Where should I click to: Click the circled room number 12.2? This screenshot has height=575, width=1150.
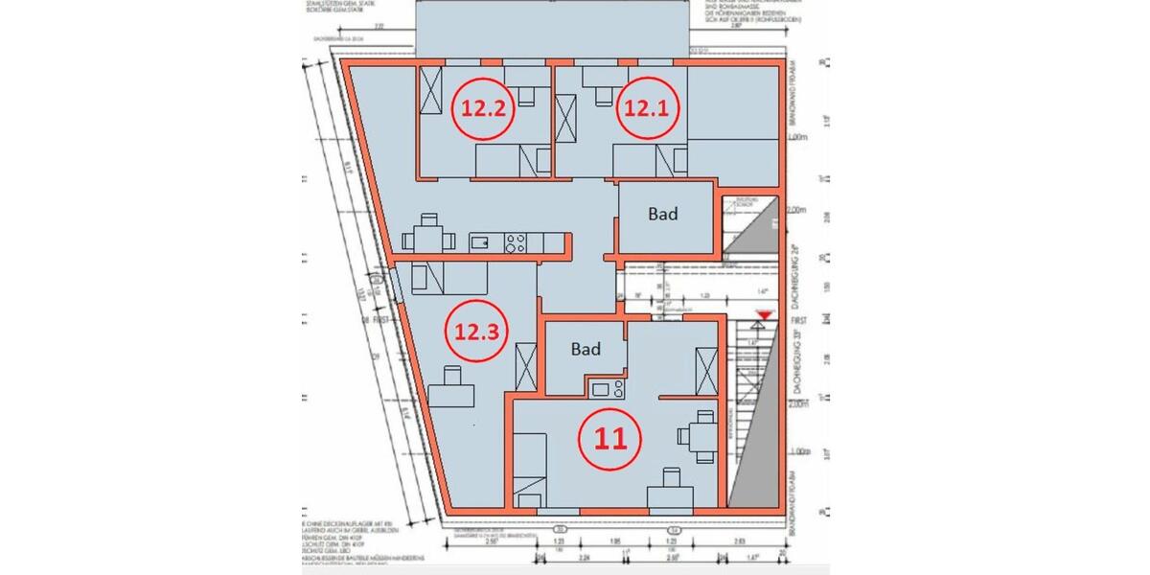(484, 108)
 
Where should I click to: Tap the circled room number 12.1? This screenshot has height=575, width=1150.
(647, 108)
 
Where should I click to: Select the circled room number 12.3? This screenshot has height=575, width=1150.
(477, 333)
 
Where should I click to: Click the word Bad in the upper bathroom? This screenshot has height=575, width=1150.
(662, 214)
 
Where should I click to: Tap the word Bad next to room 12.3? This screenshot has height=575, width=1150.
(586, 350)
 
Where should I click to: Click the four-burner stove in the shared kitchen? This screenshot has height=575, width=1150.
(517, 243)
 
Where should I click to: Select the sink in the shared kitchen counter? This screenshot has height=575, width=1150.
(481, 243)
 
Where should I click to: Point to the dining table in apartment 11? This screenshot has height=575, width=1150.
(702, 436)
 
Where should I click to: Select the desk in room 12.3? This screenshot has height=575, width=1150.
(451, 395)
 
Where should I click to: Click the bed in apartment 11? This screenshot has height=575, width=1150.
(529, 470)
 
